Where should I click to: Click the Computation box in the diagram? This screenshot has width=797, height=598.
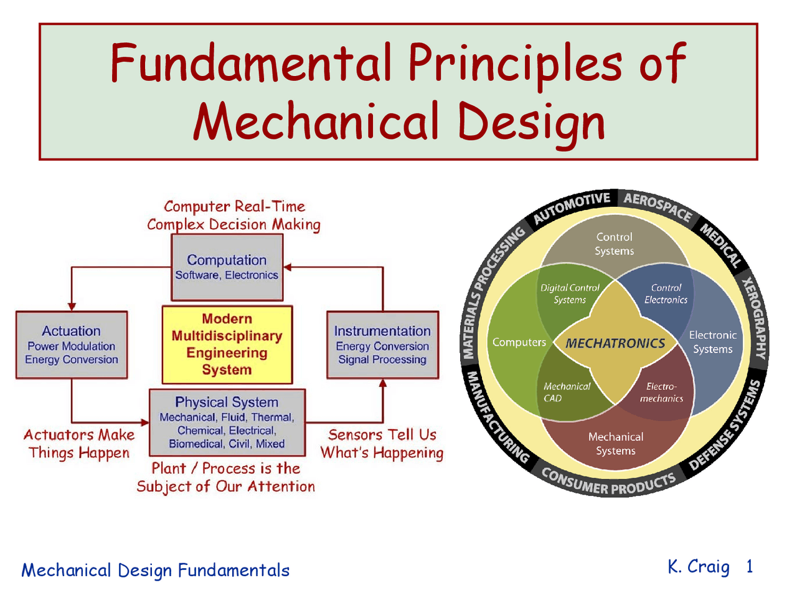point(227,267)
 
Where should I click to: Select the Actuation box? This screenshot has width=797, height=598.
point(72,344)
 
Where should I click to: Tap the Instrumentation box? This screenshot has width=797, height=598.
point(382,344)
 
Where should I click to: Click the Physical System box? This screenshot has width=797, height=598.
point(227,422)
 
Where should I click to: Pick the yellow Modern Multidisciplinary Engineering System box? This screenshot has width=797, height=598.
point(227,344)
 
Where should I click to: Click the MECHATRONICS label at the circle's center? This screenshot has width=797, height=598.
point(615,343)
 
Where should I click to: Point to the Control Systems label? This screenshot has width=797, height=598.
point(614,244)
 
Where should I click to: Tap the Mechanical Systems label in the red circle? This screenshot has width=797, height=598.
point(616,444)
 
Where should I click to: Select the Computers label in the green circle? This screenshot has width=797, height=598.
point(519,342)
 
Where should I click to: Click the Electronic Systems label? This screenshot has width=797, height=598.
point(712,342)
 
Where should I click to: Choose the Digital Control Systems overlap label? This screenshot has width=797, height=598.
point(570,293)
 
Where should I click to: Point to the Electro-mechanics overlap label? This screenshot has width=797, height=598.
point(661,392)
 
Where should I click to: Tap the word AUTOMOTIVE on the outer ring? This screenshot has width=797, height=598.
point(572,208)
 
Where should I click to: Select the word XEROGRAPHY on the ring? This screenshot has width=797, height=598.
point(754,318)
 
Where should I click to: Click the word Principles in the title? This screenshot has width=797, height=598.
point(514,63)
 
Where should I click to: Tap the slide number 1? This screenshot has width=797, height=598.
point(750,566)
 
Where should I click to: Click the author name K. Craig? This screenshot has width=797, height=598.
point(698,567)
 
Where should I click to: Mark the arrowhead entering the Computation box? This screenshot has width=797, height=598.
point(288,267)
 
